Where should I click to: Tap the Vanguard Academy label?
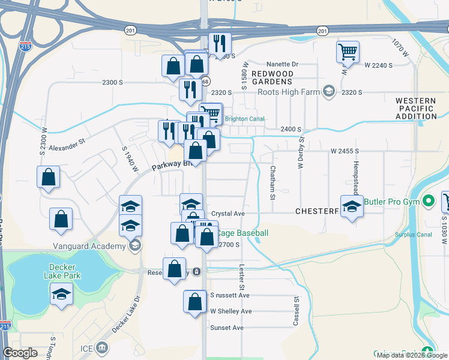click(x=89, y=245)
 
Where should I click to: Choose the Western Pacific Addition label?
click(x=416, y=109)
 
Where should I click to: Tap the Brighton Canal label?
click(x=244, y=119)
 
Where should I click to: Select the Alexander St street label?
click(x=68, y=146)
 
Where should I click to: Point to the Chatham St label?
click(x=272, y=182)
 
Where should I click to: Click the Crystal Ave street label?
click(x=228, y=214)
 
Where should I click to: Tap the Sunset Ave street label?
click(x=227, y=328)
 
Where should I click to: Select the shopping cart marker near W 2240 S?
click(x=348, y=52)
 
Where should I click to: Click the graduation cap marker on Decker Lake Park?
click(x=61, y=295)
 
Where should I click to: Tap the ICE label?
click(x=87, y=348)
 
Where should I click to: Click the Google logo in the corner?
click(x=20, y=353)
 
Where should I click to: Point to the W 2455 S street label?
click(x=345, y=151)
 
